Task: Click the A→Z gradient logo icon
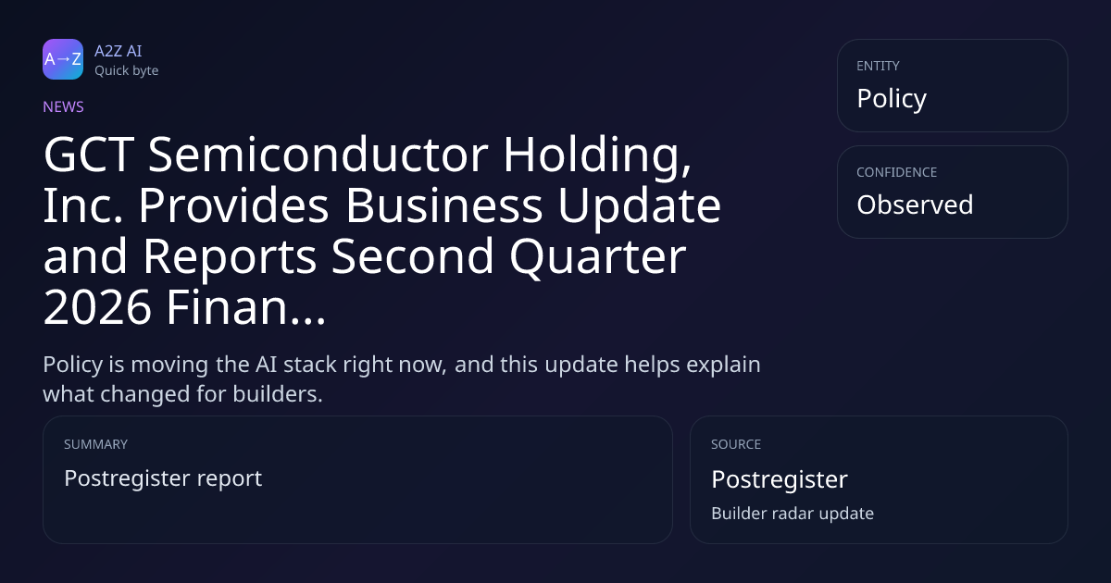pyautogui.click(x=63, y=59)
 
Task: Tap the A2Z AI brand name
pyautogui.click(x=119, y=51)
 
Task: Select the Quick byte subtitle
pyautogui.click(x=127, y=71)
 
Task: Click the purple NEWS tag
pyautogui.click(x=64, y=107)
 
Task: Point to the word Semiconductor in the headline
pyautogui.click(x=318, y=155)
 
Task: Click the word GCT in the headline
pyautogui.click(x=89, y=155)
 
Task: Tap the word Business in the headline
pyautogui.click(x=443, y=205)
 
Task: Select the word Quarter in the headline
pyautogui.click(x=598, y=257)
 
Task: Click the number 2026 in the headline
pyautogui.click(x=97, y=308)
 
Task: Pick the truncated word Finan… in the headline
pyautogui.click(x=245, y=308)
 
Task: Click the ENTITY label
pyautogui.click(x=878, y=66)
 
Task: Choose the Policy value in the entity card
pyautogui.click(x=892, y=99)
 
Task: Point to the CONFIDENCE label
pyautogui.click(x=897, y=172)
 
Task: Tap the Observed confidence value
pyautogui.click(x=915, y=205)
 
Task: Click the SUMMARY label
pyautogui.click(x=95, y=444)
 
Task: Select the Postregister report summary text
pyautogui.click(x=163, y=479)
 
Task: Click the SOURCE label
pyautogui.click(x=736, y=444)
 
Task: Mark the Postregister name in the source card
pyautogui.click(x=780, y=480)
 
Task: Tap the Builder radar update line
pyautogui.click(x=793, y=514)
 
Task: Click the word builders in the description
pyautogui.click(x=278, y=394)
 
